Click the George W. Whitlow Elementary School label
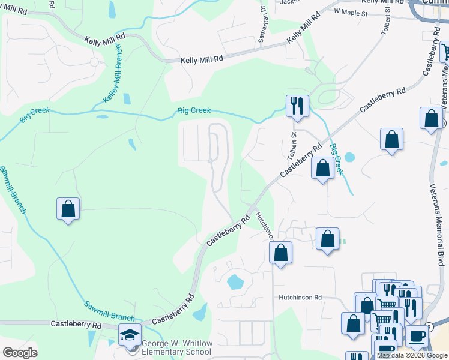coord(177,347)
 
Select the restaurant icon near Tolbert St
coord(297,106)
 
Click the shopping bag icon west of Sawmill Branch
coord(68,209)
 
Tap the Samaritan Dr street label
coord(262,24)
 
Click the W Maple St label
coord(349,11)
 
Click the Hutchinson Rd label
coord(300,297)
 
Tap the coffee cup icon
coord(416,336)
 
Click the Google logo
coord(20,353)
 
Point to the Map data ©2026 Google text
coord(412,355)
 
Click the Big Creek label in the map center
coord(193,111)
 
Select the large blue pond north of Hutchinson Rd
coord(235,281)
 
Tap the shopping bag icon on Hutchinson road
coord(280,252)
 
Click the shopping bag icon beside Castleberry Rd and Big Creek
coord(322,168)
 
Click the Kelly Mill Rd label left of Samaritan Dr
coord(202,59)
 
